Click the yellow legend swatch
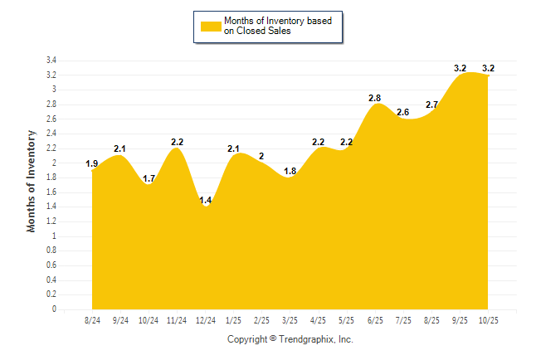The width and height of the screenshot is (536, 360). tap(211, 26)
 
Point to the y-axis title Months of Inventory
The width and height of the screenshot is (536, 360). tap(32, 180)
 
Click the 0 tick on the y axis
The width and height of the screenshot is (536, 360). tap(54, 309)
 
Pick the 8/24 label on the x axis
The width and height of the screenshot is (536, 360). tap(92, 319)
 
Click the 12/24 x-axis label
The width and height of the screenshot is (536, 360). tap(205, 319)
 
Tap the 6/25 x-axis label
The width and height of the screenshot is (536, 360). tap(375, 319)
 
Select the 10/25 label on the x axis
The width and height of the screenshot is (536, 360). tap(488, 319)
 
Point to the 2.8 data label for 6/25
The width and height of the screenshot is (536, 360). tap(375, 99)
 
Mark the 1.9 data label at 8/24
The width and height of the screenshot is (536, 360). tap(92, 164)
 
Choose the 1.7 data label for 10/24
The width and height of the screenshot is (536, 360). tap(149, 178)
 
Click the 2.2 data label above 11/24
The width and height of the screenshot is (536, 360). tap(177, 142)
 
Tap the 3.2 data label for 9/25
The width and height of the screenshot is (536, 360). tap(460, 68)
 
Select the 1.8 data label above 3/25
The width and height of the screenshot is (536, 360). tap(290, 171)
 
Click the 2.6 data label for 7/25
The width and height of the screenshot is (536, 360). tap(403, 113)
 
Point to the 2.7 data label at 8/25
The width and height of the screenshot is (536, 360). tap(431, 105)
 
